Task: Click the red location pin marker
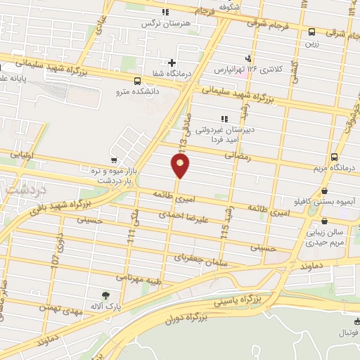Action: pyautogui.click(x=181, y=166)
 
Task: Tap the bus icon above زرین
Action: pyautogui.click(x=311, y=32)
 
